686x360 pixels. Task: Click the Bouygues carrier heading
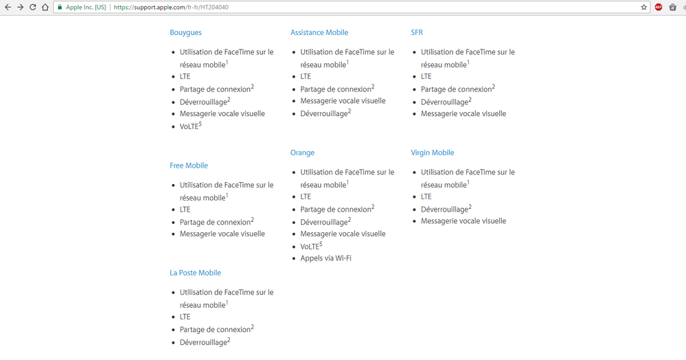tap(185, 32)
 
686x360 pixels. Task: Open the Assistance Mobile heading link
tap(319, 32)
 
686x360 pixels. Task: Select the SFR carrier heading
tap(417, 32)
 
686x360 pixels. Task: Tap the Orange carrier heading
tap(302, 153)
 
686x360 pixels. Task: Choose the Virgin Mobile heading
tap(432, 153)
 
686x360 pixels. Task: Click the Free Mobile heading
tap(189, 166)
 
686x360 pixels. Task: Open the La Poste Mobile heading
tap(195, 273)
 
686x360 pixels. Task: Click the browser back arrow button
tap(8, 7)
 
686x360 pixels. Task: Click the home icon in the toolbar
tap(45, 7)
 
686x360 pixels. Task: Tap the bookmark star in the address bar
tap(643, 7)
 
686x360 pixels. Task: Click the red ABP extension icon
tap(659, 7)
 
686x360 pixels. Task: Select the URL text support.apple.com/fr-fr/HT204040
tap(171, 8)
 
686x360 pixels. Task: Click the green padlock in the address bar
tap(60, 8)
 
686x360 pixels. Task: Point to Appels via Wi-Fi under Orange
tap(325, 258)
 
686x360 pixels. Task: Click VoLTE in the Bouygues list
tap(190, 126)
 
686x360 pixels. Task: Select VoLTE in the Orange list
tap(310, 247)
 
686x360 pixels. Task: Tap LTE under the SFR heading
tap(426, 76)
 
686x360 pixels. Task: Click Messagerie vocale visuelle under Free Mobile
tap(222, 234)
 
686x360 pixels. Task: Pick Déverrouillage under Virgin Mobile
tap(445, 209)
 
